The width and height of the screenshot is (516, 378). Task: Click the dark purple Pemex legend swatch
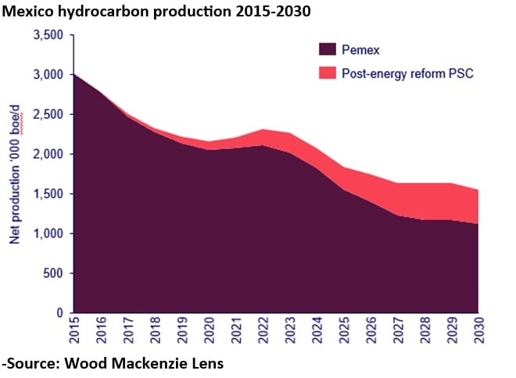pos(328,50)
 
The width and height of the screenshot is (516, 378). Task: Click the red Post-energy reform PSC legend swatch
pos(328,74)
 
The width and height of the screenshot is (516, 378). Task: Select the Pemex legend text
pos(360,50)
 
